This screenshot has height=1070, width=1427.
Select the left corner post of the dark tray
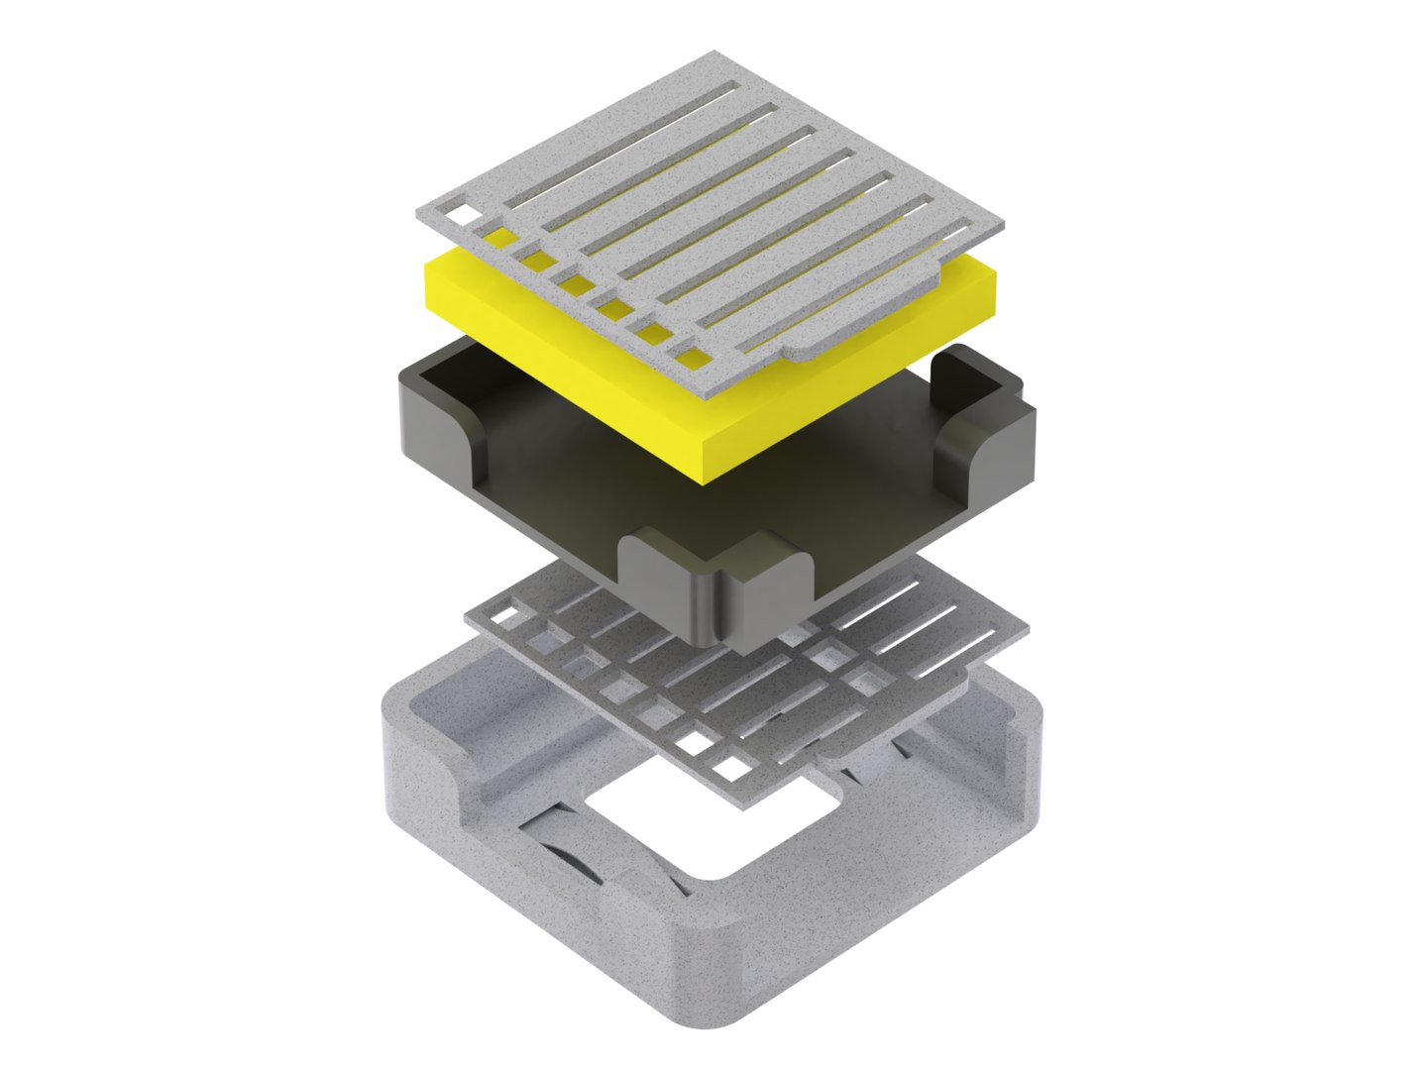pyautogui.click(x=436, y=416)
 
